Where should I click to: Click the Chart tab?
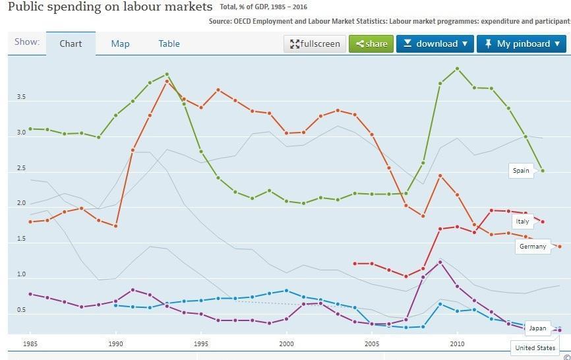[x=71, y=44]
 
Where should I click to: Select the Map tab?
[x=120, y=44]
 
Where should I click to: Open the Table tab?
[x=169, y=44]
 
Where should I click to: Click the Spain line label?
[x=521, y=170]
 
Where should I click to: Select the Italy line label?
[x=522, y=222]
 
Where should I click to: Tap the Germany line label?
[x=533, y=247]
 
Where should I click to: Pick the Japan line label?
[x=537, y=328]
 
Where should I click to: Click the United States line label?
[x=535, y=347]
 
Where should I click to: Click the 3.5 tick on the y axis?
[x=21, y=97]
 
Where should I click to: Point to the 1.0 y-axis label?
[x=21, y=274]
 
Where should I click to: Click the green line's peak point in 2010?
[x=458, y=69]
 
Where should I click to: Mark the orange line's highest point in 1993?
[x=167, y=81]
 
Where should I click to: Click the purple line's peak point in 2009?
[x=440, y=262]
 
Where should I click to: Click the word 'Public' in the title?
[x=26, y=7]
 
